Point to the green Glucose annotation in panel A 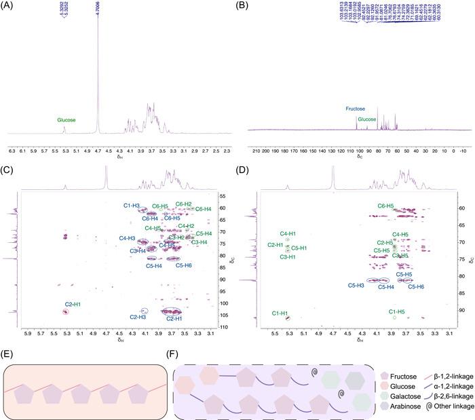tap(66, 120)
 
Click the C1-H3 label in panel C tap(132, 206)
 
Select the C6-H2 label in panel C tap(184, 204)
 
